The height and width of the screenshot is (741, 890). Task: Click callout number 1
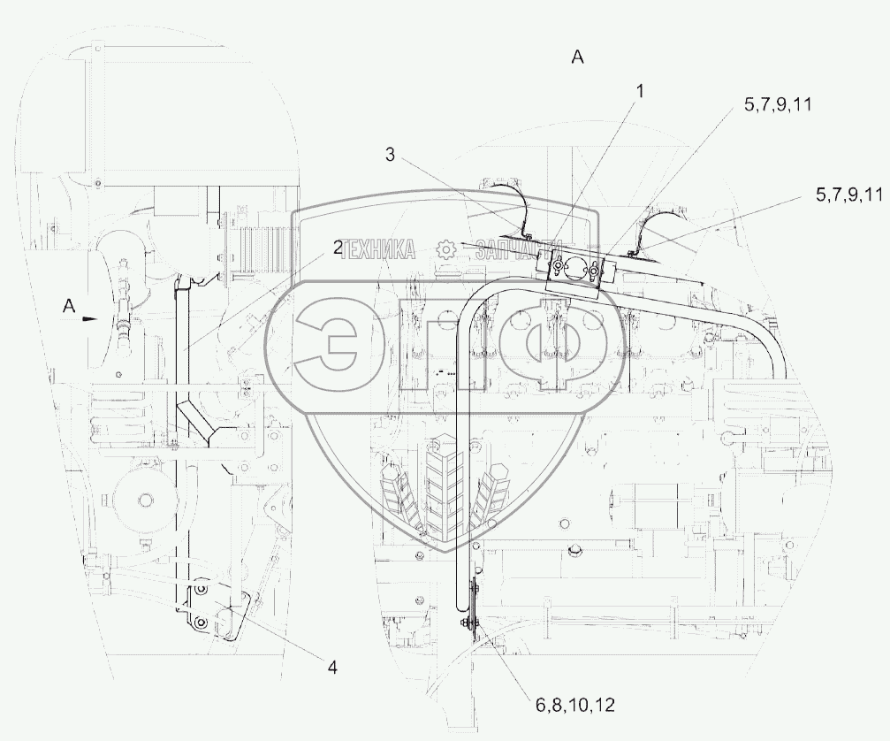[x=640, y=91]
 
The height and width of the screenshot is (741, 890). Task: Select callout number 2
[x=338, y=248]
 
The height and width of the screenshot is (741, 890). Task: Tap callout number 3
[x=390, y=155]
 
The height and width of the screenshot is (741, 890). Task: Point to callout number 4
[x=332, y=668]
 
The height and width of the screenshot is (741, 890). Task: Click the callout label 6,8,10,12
[x=575, y=706]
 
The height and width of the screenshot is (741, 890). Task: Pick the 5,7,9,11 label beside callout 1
[x=778, y=104]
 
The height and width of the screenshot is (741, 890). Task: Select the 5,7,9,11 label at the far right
[x=849, y=195]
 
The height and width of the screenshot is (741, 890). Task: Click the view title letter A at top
[x=577, y=57]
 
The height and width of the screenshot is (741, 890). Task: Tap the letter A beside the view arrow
[x=69, y=307]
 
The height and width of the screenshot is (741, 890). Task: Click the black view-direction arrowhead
[x=90, y=319]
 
